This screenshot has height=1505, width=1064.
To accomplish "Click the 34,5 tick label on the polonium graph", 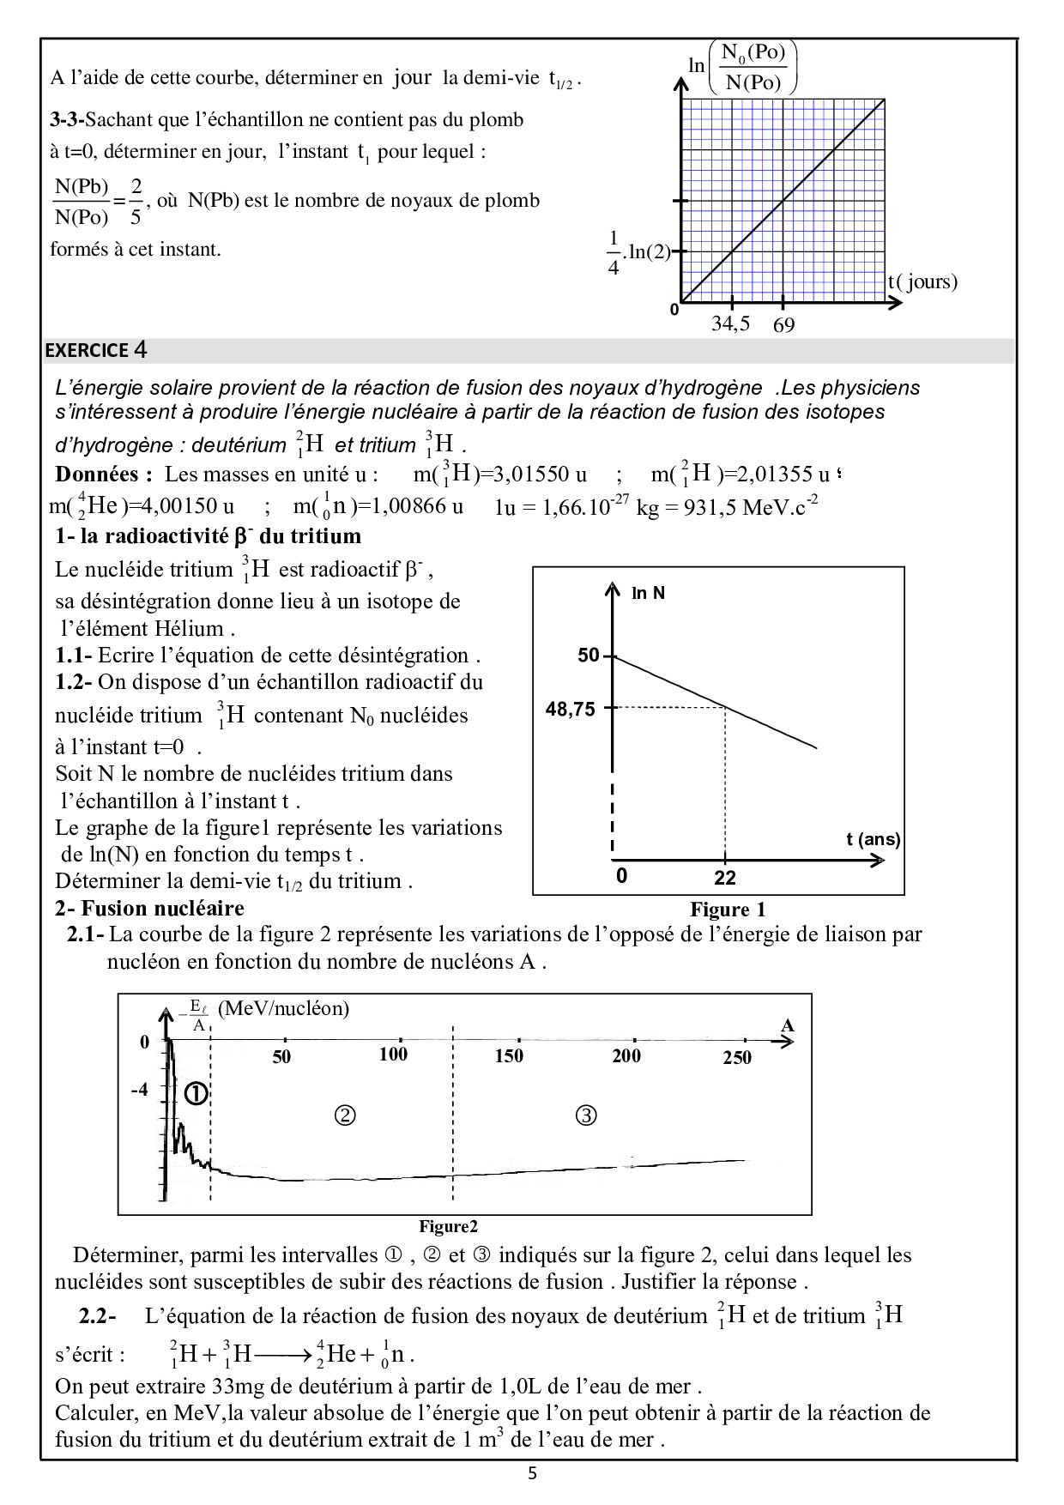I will (x=730, y=323).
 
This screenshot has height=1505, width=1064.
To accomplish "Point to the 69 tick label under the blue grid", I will (x=783, y=325).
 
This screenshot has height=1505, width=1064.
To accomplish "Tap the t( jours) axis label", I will (x=922, y=281).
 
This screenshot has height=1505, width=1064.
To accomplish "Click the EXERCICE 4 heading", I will (x=96, y=350).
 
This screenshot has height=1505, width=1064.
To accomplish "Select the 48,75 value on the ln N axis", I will (x=571, y=710).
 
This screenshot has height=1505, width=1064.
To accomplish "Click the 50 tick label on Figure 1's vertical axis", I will (x=588, y=656).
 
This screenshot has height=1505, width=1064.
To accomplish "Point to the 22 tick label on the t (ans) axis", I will (x=725, y=878).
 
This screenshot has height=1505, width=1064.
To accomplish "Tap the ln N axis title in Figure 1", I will (x=648, y=593).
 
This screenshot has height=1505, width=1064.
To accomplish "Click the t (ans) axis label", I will (x=873, y=839).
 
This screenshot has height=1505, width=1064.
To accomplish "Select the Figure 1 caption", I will (x=728, y=910).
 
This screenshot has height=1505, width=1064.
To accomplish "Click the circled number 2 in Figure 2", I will (x=345, y=1115).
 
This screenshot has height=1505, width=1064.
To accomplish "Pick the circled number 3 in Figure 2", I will (x=586, y=1115).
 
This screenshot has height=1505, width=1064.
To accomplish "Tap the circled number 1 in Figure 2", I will (x=196, y=1094).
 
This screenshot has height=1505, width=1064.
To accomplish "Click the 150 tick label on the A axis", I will (x=509, y=1056).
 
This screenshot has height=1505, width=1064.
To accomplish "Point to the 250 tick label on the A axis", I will (x=737, y=1058).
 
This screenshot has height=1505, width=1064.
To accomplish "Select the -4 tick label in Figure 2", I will (x=139, y=1090).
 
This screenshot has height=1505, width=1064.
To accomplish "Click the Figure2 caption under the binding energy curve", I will (x=448, y=1227).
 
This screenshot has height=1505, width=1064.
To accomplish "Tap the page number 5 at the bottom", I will (x=532, y=1474).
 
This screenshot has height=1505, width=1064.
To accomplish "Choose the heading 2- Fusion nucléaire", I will (x=149, y=909).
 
